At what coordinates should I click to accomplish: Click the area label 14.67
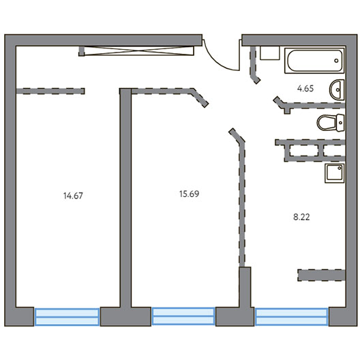pos(73,196)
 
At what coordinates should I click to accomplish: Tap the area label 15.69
pos(189,194)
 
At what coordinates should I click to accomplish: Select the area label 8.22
pos(301,217)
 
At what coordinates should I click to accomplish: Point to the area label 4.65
pos(305,89)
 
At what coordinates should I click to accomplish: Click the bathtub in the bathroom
pos(314,61)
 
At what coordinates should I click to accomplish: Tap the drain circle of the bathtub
pos(336,61)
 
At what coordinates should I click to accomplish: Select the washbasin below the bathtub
pos(337,90)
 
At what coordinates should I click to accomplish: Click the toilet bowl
pos(327,123)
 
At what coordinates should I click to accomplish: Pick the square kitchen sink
pos(335,173)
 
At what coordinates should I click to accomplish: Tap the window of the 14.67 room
pos(67,317)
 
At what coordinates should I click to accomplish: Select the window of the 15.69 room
pos(183,316)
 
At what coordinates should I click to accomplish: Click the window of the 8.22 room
pos(291,317)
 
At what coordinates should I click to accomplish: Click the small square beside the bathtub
pos(270,53)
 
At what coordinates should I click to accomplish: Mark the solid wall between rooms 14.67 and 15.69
pos(125,198)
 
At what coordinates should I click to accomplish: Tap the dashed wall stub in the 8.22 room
pos(322,275)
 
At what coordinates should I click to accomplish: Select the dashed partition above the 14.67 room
pos(50,91)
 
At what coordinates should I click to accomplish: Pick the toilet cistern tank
pos(340,123)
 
